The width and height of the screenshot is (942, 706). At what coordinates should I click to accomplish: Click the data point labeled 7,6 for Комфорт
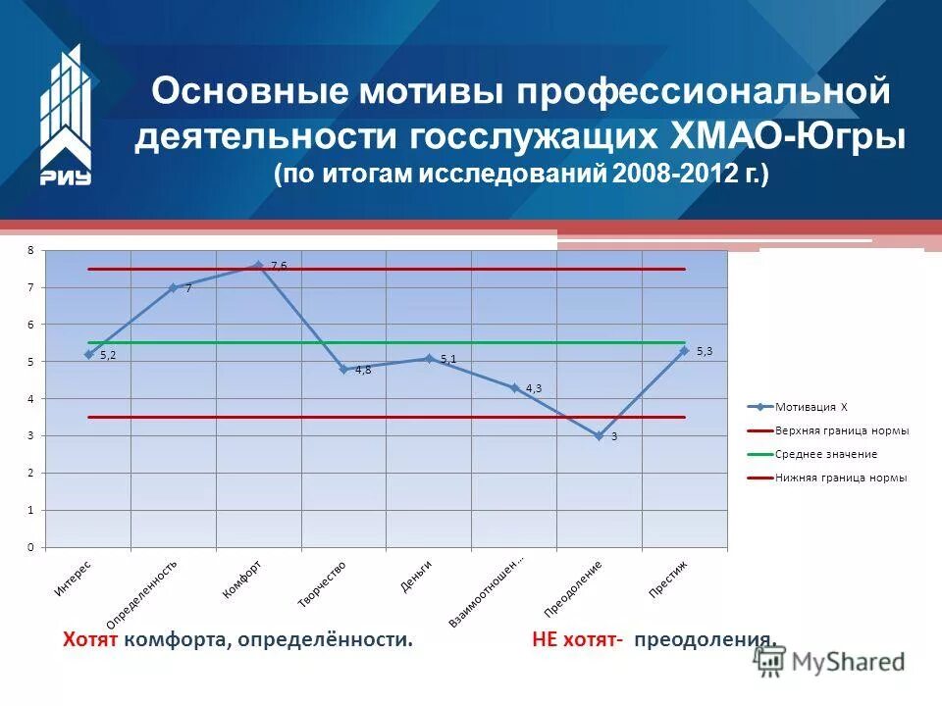(x=258, y=265)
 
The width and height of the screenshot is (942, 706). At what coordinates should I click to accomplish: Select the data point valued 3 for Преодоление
(x=599, y=435)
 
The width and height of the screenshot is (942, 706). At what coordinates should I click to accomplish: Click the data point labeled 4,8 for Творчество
(x=343, y=369)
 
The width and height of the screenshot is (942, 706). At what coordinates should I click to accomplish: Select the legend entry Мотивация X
(x=811, y=406)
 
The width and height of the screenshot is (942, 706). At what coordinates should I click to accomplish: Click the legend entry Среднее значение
(x=825, y=454)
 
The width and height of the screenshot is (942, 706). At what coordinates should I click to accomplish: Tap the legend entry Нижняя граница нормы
(x=840, y=478)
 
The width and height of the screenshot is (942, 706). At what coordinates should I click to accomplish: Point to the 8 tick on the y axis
(x=30, y=251)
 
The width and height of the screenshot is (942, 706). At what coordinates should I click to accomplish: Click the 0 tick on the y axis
(x=30, y=547)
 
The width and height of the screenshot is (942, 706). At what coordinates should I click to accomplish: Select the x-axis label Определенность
(x=142, y=593)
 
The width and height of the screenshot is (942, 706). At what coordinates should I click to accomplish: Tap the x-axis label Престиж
(x=668, y=578)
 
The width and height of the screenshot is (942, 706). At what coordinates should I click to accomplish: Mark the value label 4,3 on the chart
(x=534, y=388)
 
